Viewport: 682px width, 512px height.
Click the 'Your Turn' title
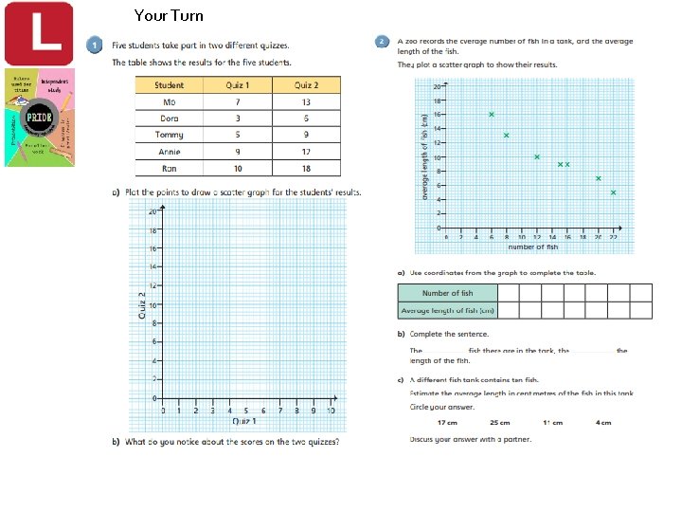click(169, 15)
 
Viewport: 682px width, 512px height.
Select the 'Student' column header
click(170, 85)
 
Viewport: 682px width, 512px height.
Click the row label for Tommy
click(170, 134)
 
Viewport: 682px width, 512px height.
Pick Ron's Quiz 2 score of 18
click(306, 168)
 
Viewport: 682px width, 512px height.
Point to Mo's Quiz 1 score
click(237, 101)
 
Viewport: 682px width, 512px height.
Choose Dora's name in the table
click(170, 118)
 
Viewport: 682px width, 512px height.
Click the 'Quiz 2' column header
click(306, 85)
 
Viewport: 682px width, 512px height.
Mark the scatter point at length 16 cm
click(492, 115)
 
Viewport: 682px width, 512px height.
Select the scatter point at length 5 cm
click(613, 192)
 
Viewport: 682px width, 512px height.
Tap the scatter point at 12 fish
click(537, 157)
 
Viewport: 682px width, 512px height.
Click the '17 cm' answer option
click(447, 423)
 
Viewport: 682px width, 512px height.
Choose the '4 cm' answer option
click(604, 423)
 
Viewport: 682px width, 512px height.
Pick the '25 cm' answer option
click(499, 423)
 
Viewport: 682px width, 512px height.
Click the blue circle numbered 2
click(381, 42)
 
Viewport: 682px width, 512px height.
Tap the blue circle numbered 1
click(95, 45)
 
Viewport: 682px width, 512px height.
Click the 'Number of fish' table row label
click(447, 293)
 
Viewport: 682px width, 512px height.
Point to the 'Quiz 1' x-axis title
click(244, 420)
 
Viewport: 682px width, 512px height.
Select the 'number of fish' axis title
click(532, 247)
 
